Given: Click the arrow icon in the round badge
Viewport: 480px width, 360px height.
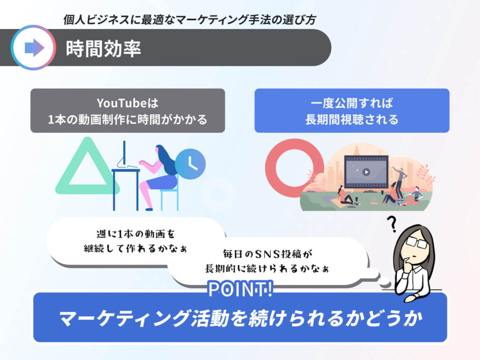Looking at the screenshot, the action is (34, 48).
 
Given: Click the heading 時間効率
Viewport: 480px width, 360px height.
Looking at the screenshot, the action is (104, 49).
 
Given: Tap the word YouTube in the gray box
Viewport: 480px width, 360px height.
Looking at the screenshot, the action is (122, 103).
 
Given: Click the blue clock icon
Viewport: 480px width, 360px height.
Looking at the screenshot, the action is (190, 164).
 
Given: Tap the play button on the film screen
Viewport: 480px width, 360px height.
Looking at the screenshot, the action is (366, 172).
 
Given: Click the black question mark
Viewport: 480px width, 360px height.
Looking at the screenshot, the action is (391, 224).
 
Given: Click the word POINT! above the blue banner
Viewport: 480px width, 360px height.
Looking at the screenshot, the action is (240, 289).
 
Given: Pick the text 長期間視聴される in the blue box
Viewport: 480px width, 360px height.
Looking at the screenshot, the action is (352, 120).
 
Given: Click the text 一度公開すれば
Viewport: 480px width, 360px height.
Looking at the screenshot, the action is (352, 103).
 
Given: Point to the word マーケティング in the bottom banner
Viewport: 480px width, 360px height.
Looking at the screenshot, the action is (124, 318).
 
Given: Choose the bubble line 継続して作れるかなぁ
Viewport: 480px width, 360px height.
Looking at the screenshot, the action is (135, 248).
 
